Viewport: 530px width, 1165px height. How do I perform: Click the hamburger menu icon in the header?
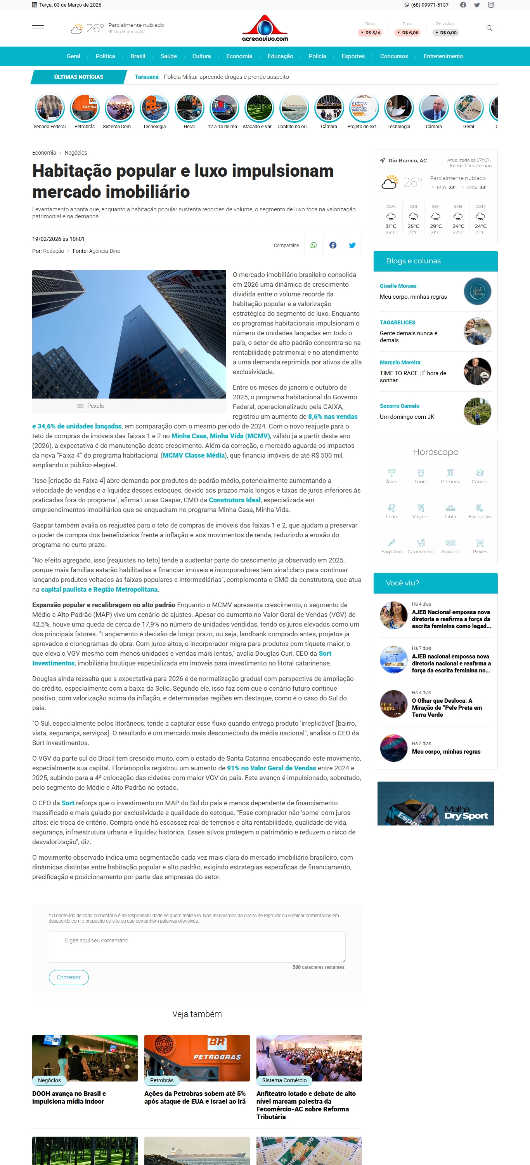[38, 28]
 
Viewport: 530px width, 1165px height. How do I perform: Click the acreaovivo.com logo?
[265, 28]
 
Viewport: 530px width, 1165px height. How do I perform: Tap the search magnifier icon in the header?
[489, 28]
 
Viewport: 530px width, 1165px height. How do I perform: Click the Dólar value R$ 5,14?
[371, 33]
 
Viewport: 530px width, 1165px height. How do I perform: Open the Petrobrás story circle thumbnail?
[85, 108]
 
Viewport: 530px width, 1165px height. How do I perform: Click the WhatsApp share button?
[313, 245]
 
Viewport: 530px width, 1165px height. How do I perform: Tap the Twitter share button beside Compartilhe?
[352, 245]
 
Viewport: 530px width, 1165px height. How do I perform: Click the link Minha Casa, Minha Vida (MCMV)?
[220, 436]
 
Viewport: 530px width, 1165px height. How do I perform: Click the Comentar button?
[69, 977]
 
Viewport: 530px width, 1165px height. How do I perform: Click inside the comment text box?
[197, 947]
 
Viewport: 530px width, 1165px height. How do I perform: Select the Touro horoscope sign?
[421, 476]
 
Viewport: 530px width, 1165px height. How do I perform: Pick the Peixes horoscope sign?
[480, 545]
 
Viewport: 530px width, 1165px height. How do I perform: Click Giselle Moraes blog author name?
[398, 286]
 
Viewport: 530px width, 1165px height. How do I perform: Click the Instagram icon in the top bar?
[491, 5]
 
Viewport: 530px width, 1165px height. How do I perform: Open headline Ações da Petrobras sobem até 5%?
[195, 1097]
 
